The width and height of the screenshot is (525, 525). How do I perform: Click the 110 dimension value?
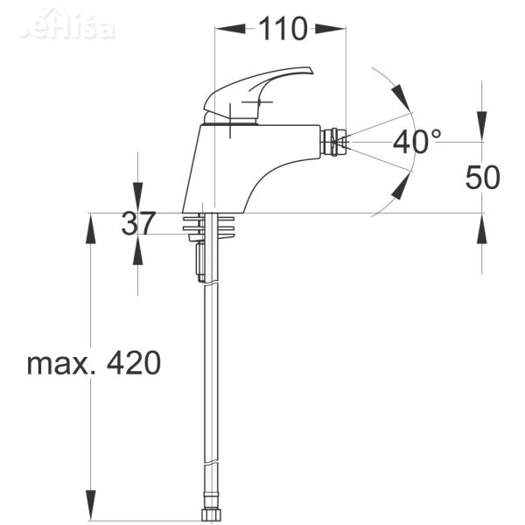pyautogui.click(x=282, y=29)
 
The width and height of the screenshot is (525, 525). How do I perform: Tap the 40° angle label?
pyautogui.click(x=416, y=142)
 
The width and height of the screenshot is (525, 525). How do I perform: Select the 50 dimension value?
pyautogui.click(x=482, y=178)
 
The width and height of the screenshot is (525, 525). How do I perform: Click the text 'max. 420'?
pyautogui.click(x=94, y=362)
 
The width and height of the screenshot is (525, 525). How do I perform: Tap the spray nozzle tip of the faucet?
pyautogui.click(x=336, y=141)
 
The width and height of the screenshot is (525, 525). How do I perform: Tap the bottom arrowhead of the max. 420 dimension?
pyautogui.click(x=91, y=509)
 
